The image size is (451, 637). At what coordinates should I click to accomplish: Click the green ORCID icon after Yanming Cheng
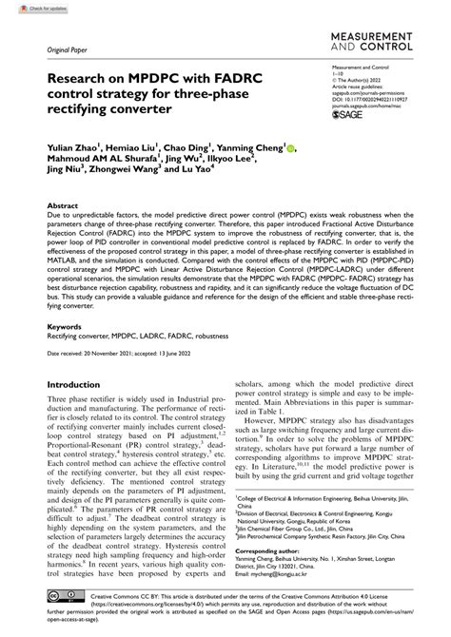click(292, 149)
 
